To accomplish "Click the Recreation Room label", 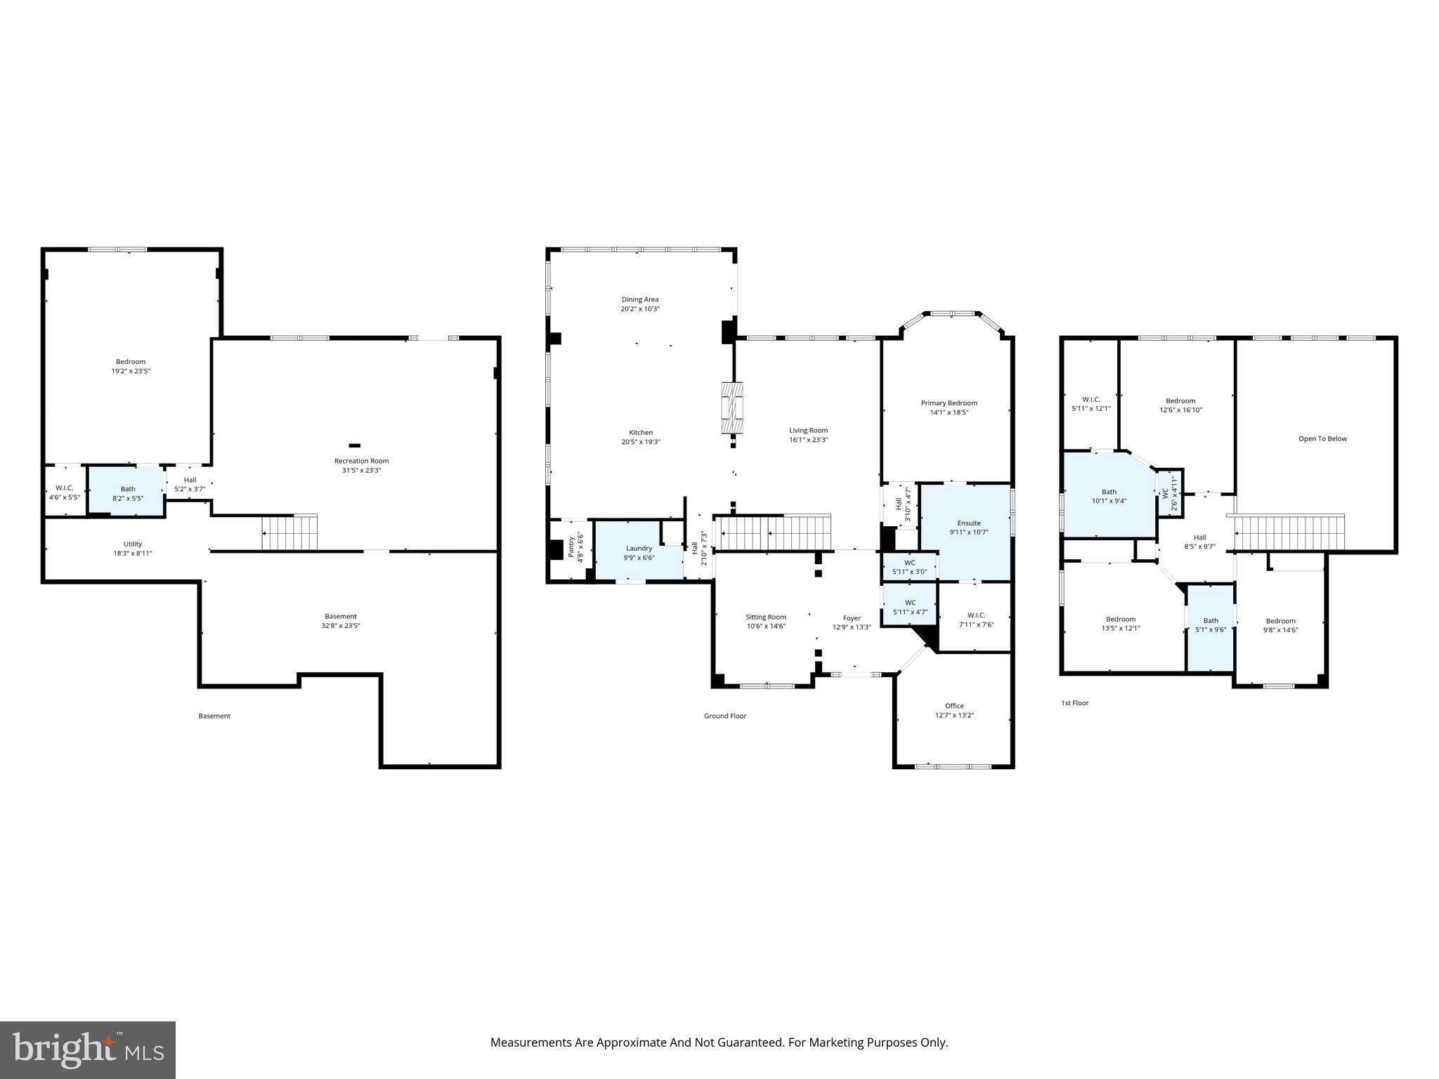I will coord(361,461).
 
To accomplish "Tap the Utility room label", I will coord(133,544).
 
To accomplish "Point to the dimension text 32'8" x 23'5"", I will coord(341,625).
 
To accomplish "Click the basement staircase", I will coord(289,532).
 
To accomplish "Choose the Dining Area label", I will coord(639,299).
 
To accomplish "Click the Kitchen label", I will coord(640,433).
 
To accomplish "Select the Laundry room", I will coord(638,553).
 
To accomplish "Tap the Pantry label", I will coord(571,548).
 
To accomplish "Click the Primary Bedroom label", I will coord(949,403).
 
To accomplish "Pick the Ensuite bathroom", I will coord(968,527).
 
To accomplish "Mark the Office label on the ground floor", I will coord(954,706).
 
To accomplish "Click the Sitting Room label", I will coord(766,617).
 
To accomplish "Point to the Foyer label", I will coord(852,618).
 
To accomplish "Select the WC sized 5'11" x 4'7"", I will coord(910,607).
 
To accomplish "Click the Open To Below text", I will coord(1322,439).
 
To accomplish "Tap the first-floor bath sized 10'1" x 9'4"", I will coord(1109,496).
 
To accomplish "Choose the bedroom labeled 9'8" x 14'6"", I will coord(1280,625).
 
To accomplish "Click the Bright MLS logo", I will coord(88,1049).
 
